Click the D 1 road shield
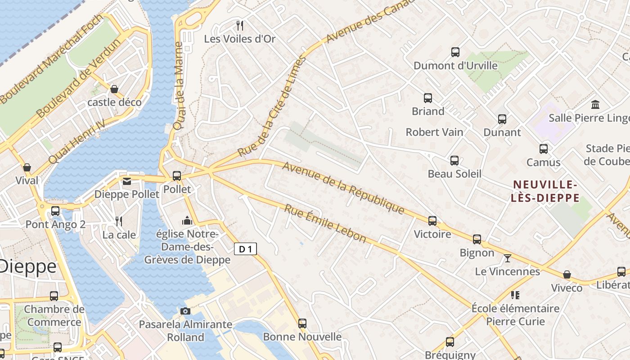(x=245, y=249)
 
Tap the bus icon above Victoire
(x=432, y=220)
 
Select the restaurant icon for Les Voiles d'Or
(x=240, y=26)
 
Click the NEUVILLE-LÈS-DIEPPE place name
(x=545, y=191)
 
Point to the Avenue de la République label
(x=343, y=188)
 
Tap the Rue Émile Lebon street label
(x=325, y=223)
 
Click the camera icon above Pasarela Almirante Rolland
(x=185, y=311)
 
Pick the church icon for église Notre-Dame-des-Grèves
(x=187, y=220)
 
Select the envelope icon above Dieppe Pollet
(x=127, y=181)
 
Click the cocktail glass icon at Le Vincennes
(x=508, y=258)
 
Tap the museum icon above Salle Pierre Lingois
(x=595, y=104)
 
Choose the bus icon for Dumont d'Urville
(x=455, y=52)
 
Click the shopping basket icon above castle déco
(x=114, y=89)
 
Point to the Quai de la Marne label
(x=179, y=86)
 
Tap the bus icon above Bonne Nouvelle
(x=302, y=323)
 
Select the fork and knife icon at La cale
(x=119, y=221)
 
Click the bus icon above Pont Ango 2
(x=55, y=211)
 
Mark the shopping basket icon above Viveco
(x=567, y=274)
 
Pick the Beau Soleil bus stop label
(x=454, y=174)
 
